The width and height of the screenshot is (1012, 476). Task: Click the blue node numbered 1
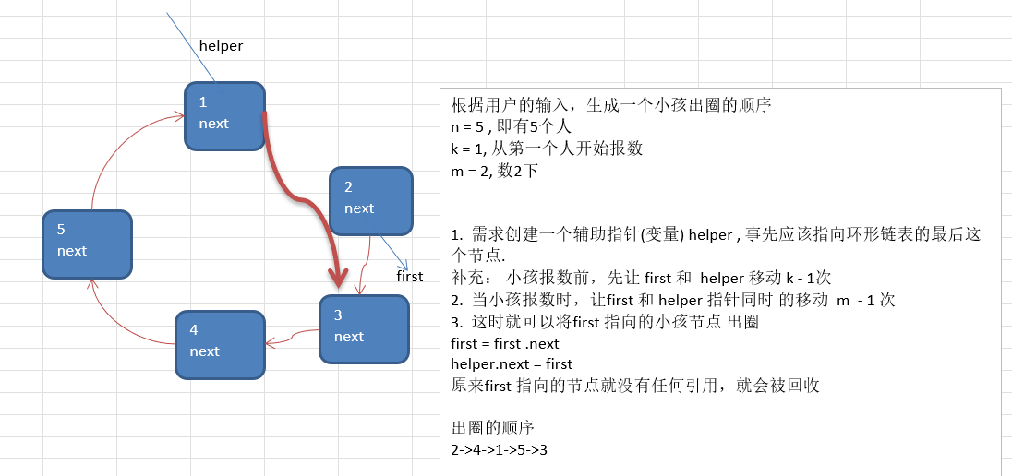click(224, 115)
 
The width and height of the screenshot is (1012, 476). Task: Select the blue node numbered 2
click(370, 199)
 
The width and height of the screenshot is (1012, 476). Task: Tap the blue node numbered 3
click(363, 327)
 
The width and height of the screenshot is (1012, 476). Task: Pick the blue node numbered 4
click(220, 344)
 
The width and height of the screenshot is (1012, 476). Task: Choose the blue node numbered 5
click(88, 244)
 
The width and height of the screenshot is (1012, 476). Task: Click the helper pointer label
click(221, 46)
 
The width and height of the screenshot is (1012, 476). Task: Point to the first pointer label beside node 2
click(409, 276)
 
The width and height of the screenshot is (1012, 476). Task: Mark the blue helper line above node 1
click(190, 46)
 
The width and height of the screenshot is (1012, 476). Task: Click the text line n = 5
click(512, 126)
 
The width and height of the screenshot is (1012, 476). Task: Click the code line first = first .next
click(505, 343)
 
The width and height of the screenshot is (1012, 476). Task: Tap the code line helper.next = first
click(512, 364)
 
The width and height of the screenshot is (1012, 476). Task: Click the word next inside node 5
click(72, 251)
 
